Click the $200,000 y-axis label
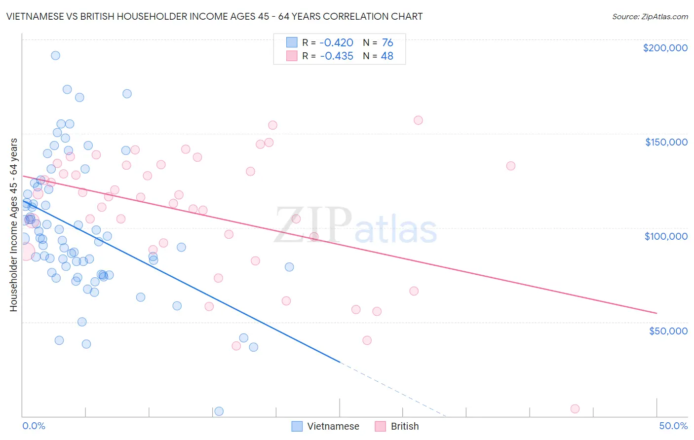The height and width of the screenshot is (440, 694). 665,48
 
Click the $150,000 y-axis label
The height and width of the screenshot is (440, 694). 666,142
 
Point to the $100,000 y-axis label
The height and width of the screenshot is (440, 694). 666,236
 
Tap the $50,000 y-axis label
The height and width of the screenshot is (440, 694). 668,330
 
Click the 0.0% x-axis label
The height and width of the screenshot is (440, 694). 34,426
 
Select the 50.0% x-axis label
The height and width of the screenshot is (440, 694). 673,426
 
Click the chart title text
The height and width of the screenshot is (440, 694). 214,16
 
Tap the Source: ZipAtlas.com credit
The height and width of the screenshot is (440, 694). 650,17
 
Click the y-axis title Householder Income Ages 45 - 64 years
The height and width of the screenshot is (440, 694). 13,224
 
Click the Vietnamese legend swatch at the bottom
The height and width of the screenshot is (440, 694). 297,426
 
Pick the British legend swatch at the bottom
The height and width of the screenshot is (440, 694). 380,426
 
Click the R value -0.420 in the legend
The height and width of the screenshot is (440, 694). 336,43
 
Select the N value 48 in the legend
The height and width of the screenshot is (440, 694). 387,56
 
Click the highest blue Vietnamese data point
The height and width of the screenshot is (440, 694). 55,55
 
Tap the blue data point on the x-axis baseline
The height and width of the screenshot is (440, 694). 219,411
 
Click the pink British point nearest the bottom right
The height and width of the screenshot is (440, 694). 575,408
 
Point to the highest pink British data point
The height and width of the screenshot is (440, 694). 418,120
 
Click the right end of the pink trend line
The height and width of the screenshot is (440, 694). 656,313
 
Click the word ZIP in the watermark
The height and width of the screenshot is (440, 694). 312,225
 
